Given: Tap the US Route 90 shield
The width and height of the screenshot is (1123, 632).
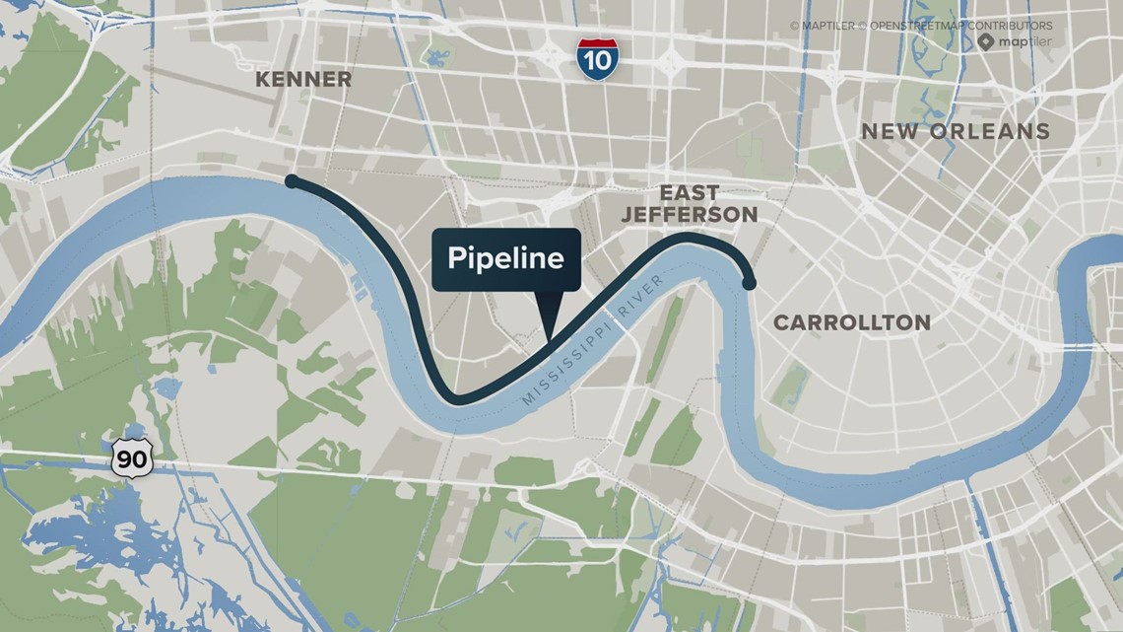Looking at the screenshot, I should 131,458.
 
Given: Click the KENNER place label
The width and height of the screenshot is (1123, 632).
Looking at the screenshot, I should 303,80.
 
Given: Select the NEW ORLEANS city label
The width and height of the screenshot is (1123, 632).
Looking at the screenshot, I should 956,131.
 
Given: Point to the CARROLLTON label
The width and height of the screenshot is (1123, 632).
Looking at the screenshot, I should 851,322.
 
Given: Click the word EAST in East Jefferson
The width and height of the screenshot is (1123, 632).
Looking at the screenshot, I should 689,192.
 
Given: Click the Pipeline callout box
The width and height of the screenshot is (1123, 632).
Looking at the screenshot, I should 506,259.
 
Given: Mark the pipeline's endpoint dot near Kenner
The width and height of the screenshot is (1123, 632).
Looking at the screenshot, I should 292,180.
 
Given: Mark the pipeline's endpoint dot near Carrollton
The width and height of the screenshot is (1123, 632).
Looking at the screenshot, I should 749,283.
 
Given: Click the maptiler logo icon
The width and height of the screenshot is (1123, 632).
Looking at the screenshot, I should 987,41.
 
